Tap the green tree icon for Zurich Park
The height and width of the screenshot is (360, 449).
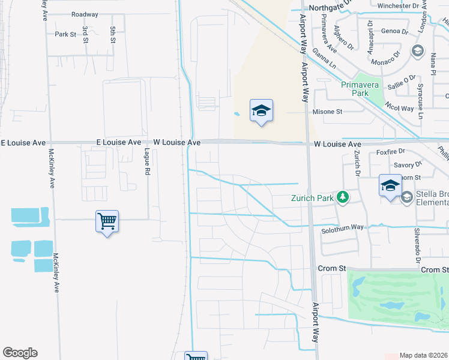342,196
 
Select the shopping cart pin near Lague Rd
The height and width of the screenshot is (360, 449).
107,221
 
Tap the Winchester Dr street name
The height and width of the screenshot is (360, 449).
398,5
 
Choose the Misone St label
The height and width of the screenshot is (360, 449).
327,112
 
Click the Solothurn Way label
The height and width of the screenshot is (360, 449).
342,227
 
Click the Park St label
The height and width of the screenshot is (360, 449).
65,34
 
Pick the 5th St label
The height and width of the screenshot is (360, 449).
113,34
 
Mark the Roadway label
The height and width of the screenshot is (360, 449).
84,14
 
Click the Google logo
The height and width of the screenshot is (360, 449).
20,353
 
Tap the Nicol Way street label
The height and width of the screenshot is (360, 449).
399,109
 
